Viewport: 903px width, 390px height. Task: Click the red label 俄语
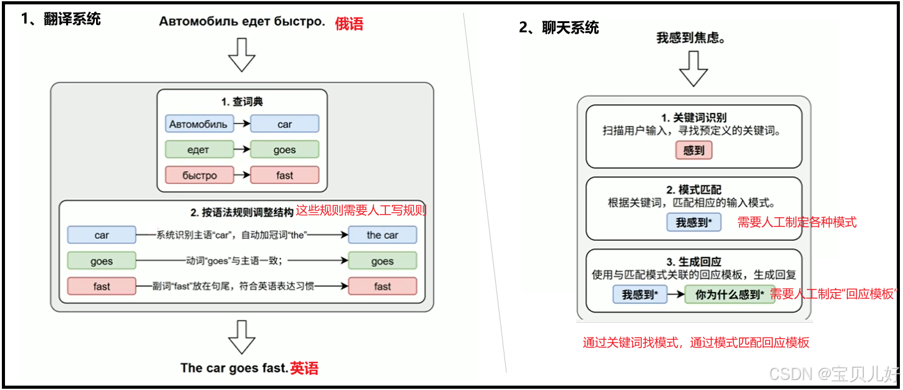coord(349,24)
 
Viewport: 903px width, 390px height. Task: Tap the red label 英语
coord(304,368)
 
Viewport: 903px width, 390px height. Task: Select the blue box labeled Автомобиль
coord(198,124)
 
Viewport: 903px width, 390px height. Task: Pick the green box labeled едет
coord(198,150)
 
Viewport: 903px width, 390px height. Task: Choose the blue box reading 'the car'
coord(382,235)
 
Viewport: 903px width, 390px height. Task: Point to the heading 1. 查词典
coord(242,102)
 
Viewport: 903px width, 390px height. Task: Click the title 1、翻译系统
coord(61,19)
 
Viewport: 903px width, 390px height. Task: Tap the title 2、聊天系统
coord(559,27)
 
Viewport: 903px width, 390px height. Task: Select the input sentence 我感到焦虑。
coord(691,38)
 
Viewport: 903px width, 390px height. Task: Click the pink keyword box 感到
coord(693,150)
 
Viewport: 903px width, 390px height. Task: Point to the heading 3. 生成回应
coord(693,262)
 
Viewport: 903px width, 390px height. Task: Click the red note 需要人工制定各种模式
coord(797,222)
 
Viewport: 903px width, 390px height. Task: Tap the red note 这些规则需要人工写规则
coord(360,211)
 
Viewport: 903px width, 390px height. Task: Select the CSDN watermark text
coord(833,374)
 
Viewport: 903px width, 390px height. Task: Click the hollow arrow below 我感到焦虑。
coord(693,69)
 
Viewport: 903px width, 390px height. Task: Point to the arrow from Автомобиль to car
coord(242,124)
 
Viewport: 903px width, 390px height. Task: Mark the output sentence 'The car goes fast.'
coord(234,368)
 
